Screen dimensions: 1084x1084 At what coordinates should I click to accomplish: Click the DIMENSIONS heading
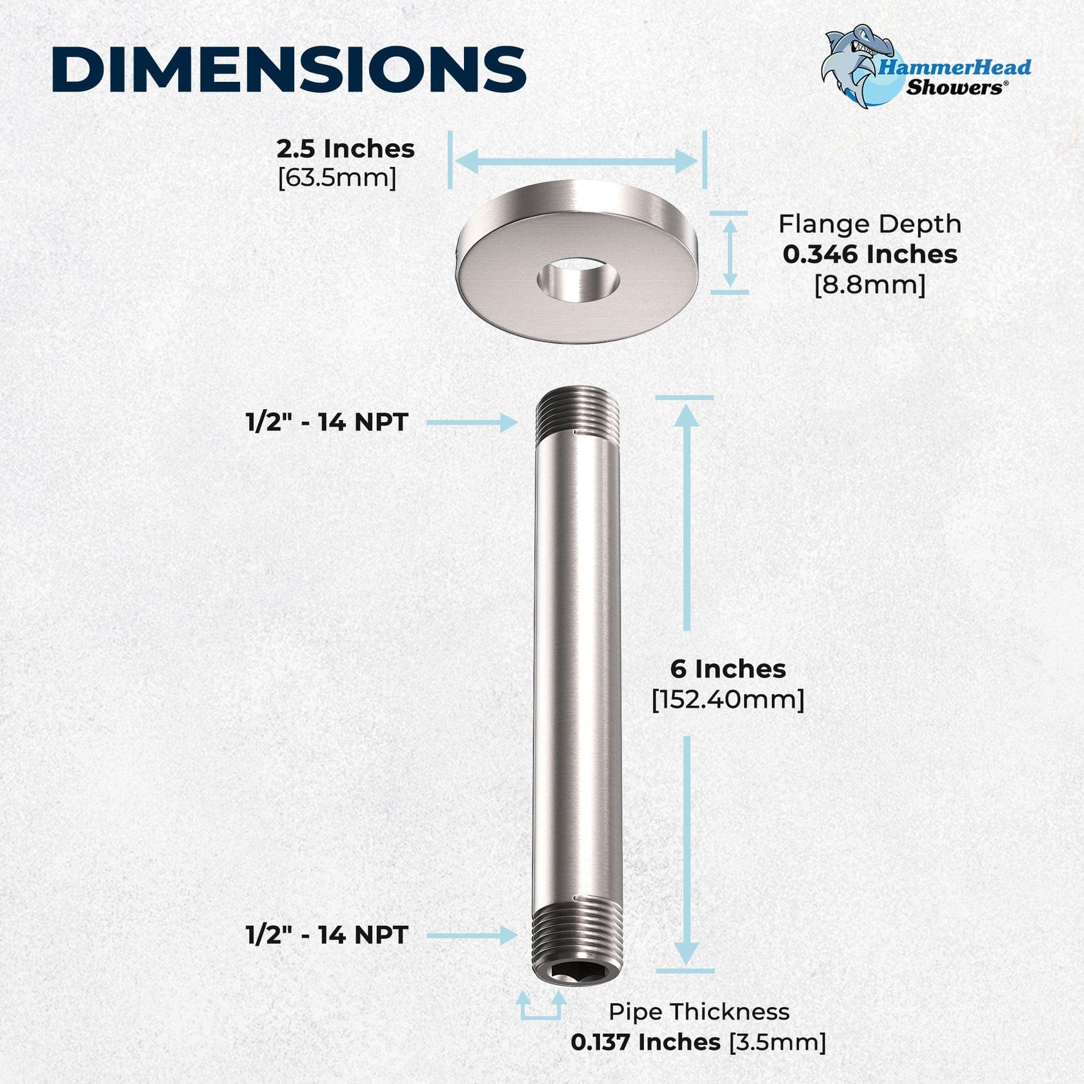[288, 69]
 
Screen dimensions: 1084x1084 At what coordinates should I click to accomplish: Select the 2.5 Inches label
[345, 149]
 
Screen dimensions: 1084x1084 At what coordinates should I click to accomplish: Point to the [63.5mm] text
[337, 177]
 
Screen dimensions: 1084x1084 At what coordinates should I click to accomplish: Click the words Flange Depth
[869, 224]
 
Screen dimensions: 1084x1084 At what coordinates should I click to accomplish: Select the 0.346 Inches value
[869, 254]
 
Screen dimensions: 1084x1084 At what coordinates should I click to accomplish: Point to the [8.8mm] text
[869, 284]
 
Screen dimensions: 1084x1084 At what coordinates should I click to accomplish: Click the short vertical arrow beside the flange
[730, 252]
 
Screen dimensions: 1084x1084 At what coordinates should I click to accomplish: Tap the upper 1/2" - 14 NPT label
[327, 423]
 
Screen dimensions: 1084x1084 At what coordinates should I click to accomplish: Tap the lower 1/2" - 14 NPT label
[327, 935]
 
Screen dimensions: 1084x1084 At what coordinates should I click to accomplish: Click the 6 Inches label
[728, 668]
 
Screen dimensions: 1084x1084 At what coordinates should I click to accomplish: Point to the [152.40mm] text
[728, 699]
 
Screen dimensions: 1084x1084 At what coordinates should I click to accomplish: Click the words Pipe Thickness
[699, 1012]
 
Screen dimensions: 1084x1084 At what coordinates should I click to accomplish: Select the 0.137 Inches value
[645, 1042]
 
